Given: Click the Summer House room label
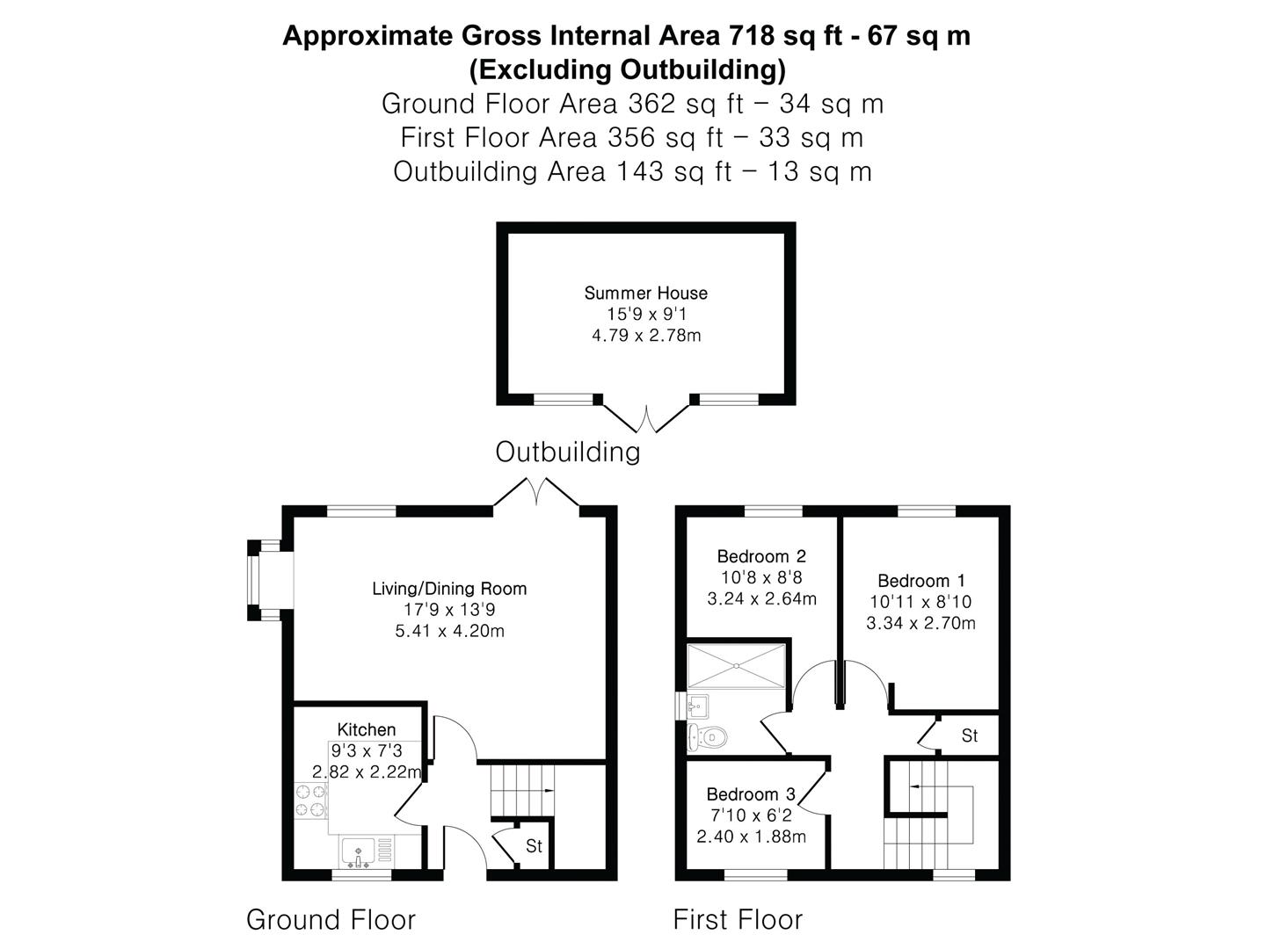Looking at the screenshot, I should [645, 293].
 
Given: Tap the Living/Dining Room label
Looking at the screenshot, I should [449, 589].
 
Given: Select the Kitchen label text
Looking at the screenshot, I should [367, 729].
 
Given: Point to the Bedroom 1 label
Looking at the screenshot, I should [920, 581].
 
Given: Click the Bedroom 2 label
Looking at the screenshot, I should [761, 556].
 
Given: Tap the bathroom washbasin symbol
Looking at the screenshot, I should [698, 705].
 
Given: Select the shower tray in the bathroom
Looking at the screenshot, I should [737, 665].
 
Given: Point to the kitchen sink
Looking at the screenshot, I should [360, 851].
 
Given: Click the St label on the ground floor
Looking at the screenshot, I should [534, 847].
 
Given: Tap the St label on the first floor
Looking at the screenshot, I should [969, 735].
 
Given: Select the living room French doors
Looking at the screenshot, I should [536, 492].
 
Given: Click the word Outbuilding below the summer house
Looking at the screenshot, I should [567, 452].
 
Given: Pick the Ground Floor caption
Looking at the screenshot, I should [331, 920].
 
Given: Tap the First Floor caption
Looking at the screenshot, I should [738, 920].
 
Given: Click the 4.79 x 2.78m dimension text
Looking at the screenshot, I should [645, 336].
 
